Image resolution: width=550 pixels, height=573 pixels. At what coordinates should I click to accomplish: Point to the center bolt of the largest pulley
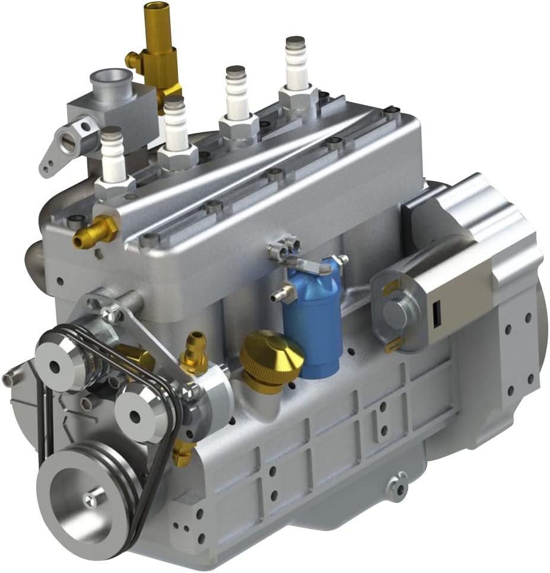click(x=90, y=500)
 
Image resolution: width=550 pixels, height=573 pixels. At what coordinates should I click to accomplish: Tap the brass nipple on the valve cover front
click(x=95, y=232)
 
